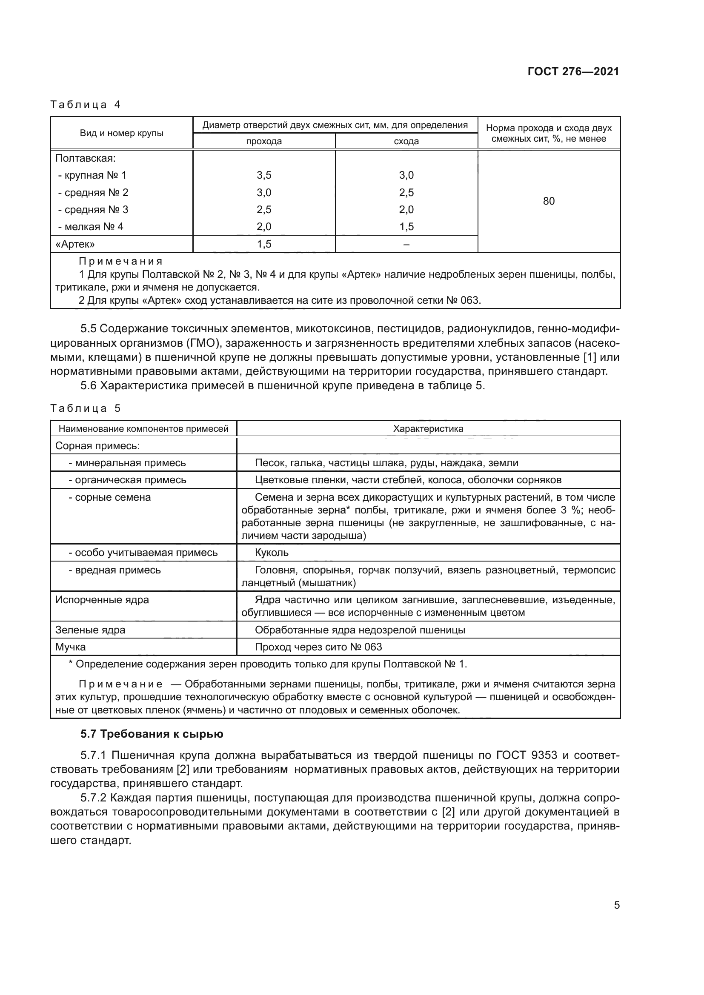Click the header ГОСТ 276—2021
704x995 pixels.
[573, 72]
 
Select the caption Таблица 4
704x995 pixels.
[86, 105]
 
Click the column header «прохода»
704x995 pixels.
[263, 141]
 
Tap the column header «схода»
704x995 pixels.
[406, 141]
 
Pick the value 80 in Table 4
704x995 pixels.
[548, 201]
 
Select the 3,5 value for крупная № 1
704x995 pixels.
[263, 175]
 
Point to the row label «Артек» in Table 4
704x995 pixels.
[75, 244]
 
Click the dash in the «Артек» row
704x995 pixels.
[406, 244]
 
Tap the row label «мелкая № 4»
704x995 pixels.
[91, 227]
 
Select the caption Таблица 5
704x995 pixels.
[86, 408]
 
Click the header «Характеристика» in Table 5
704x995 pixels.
[428, 429]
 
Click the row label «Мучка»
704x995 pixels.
[71, 647]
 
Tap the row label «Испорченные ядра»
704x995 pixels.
[102, 600]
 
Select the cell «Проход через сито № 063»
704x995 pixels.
[318, 647]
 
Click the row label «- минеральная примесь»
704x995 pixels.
[127, 463]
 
